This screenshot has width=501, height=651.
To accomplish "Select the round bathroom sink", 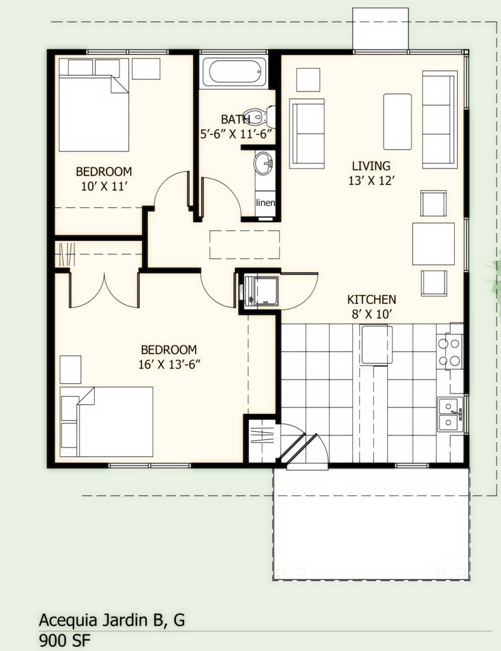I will [263, 164].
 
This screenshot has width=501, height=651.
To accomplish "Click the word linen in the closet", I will [265, 203].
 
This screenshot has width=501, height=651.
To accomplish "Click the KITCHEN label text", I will [371, 299].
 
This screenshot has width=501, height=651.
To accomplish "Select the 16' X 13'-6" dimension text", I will [169, 364].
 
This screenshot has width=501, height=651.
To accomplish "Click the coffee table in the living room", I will [397, 113].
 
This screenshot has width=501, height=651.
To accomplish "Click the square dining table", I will [433, 243].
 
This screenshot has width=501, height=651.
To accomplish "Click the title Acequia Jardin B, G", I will [112, 619].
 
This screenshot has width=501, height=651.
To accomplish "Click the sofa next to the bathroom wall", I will [307, 134].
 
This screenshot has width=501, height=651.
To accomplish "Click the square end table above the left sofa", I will [308, 79].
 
